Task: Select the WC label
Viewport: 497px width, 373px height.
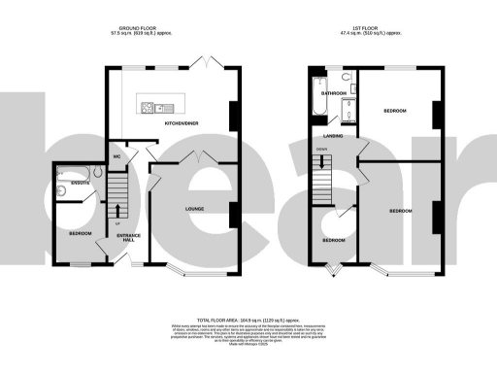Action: pos(116,155)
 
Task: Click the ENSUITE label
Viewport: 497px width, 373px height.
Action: pos(67,181)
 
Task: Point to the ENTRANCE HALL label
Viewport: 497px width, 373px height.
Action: pos(129,238)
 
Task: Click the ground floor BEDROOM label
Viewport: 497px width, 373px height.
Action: pos(80,234)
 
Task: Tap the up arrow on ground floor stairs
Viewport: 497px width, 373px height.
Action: pos(118,208)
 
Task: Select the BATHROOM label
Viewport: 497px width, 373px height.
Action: pos(335,93)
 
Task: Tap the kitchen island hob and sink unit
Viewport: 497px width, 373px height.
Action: pos(162,106)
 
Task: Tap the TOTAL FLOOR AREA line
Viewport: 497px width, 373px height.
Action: pos(248,320)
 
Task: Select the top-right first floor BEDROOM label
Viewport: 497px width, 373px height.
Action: pos(393,112)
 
